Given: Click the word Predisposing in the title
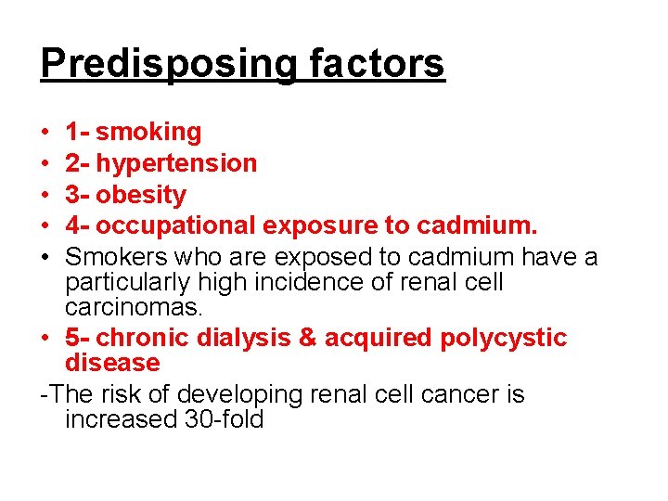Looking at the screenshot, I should coord(169,65).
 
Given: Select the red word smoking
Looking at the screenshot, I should coord(148,133).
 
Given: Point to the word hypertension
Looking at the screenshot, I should coord(176,164).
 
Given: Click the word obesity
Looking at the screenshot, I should coord(141,195).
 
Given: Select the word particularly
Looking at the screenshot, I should coord(124,282).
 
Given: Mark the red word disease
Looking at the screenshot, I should coord(112,363).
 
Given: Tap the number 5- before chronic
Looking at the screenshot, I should coord(79,338).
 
